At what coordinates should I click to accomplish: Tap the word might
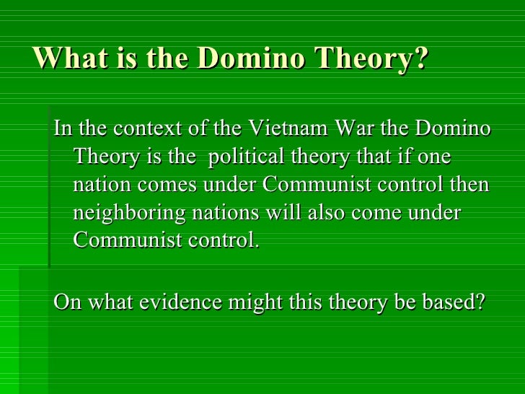(257, 301)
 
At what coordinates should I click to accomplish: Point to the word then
(470, 185)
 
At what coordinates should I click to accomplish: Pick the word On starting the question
(68, 301)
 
